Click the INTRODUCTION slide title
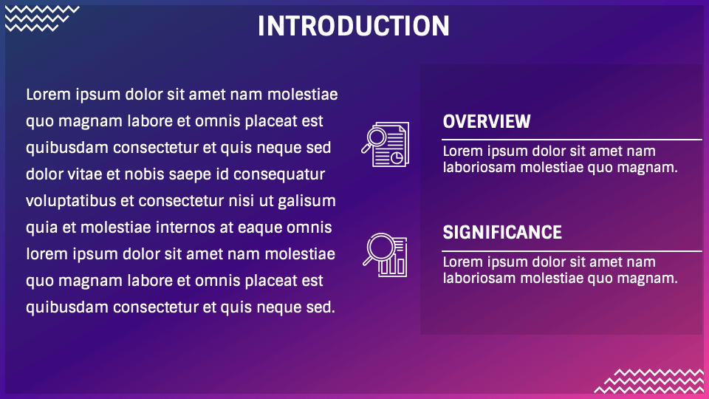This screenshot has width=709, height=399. coord(354,26)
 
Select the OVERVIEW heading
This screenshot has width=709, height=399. coord(487,121)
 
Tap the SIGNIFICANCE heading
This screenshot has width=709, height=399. coord(502,232)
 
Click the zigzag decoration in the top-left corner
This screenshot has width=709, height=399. coord(41,18)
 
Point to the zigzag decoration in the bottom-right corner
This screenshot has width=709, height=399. coord(650,381)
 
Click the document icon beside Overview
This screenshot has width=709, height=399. coord(386,144)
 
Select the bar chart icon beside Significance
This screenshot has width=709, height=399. coord(385,255)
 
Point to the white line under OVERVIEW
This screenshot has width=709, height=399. coord(572,140)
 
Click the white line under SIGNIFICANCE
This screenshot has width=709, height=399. coord(572,250)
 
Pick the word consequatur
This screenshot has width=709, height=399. coord(279,175)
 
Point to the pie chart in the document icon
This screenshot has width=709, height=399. coord(397,157)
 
